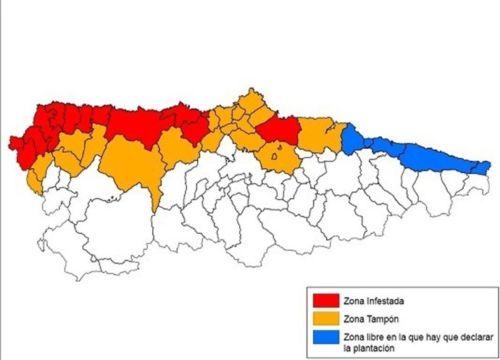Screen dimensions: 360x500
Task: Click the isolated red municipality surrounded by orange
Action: click(278, 130)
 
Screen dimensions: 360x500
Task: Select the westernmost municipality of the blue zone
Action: click(353, 139)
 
